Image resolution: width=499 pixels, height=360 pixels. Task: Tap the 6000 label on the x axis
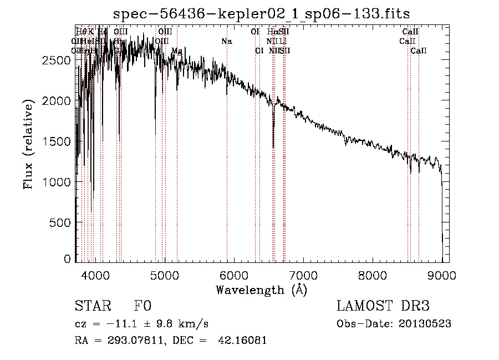click(x=234, y=275)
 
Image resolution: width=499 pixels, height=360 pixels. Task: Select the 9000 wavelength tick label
click(x=442, y=275)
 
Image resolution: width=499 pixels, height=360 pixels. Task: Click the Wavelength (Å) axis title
click(x=261, y=289)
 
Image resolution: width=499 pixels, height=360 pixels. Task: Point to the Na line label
click(x=226, y=42)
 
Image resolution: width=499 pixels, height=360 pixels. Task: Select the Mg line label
click(x=176, y=50)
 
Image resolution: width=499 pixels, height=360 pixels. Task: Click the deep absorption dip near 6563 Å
click(x=273, y=145)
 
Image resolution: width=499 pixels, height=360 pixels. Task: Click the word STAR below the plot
click(x=92, y=307)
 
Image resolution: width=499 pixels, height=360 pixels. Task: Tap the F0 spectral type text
click(x=142, y=307)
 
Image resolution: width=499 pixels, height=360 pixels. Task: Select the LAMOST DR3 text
click(x=383, y=307)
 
